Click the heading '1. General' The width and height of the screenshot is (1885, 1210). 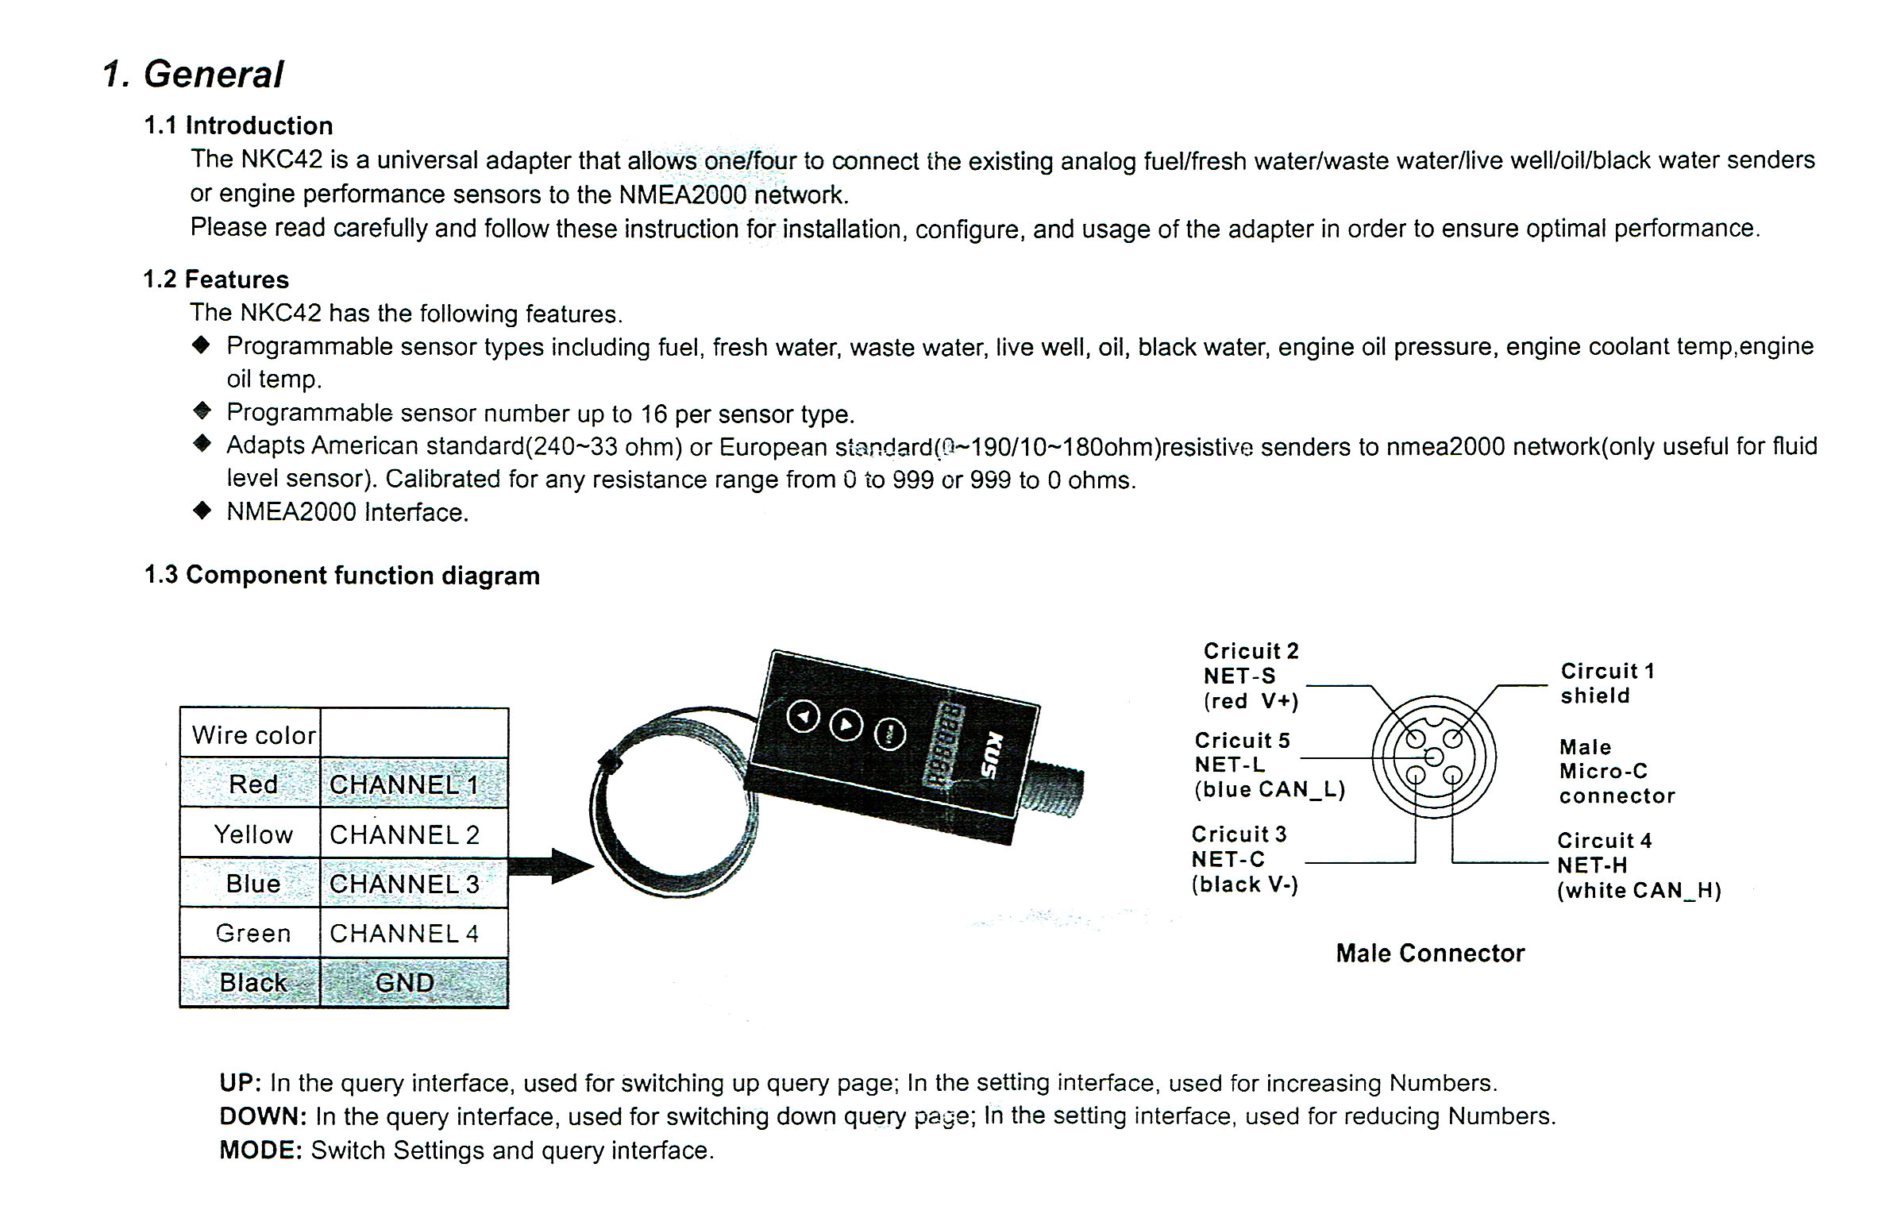[193, 75]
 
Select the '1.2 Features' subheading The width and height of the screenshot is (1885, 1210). [216, 279]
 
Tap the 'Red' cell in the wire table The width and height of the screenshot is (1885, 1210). [253, 784]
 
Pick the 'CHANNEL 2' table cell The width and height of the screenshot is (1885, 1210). [405, 834]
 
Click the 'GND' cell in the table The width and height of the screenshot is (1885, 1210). [405, 983]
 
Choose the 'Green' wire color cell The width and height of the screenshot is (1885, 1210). [253, 933]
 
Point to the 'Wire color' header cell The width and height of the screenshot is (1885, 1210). [253, 735]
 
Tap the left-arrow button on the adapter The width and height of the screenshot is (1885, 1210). [803, 717]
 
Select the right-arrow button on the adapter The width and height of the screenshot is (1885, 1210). [846, 724]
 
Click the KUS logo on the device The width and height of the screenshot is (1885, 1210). [992, 756]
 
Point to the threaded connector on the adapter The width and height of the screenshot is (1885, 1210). [1055, 791]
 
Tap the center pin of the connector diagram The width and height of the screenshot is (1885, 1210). [1434, 757]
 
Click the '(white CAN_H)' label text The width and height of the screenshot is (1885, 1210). [1638, 891]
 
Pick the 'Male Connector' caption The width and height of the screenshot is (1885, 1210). [1430, 953]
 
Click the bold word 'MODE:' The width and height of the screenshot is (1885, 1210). [261, 1150]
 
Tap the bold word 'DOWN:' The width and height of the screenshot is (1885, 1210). [263, 1116]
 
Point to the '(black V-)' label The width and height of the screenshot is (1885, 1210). [1244, 884]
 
